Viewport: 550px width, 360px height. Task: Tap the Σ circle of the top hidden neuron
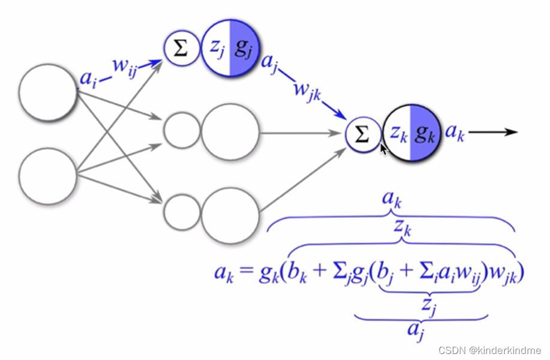pyautogui.click(x=181, y=49)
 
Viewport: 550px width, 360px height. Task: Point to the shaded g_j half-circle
pyautogui.click(x=244, y=48)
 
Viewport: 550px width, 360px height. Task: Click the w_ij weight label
pyautogui.click(x=125, y=66)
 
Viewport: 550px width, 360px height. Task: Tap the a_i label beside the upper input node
pyautogui.click(x=87, y=79)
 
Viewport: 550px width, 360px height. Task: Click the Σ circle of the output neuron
pyautogui.click(x=362, y=134)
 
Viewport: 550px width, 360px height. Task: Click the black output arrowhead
pyautogui.click(x=511, y=132)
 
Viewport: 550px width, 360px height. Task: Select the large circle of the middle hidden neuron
pyautogui.click(x=230, y=132)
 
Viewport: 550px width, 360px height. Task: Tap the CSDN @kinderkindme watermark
pyautogui.click(x=489, y=350)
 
